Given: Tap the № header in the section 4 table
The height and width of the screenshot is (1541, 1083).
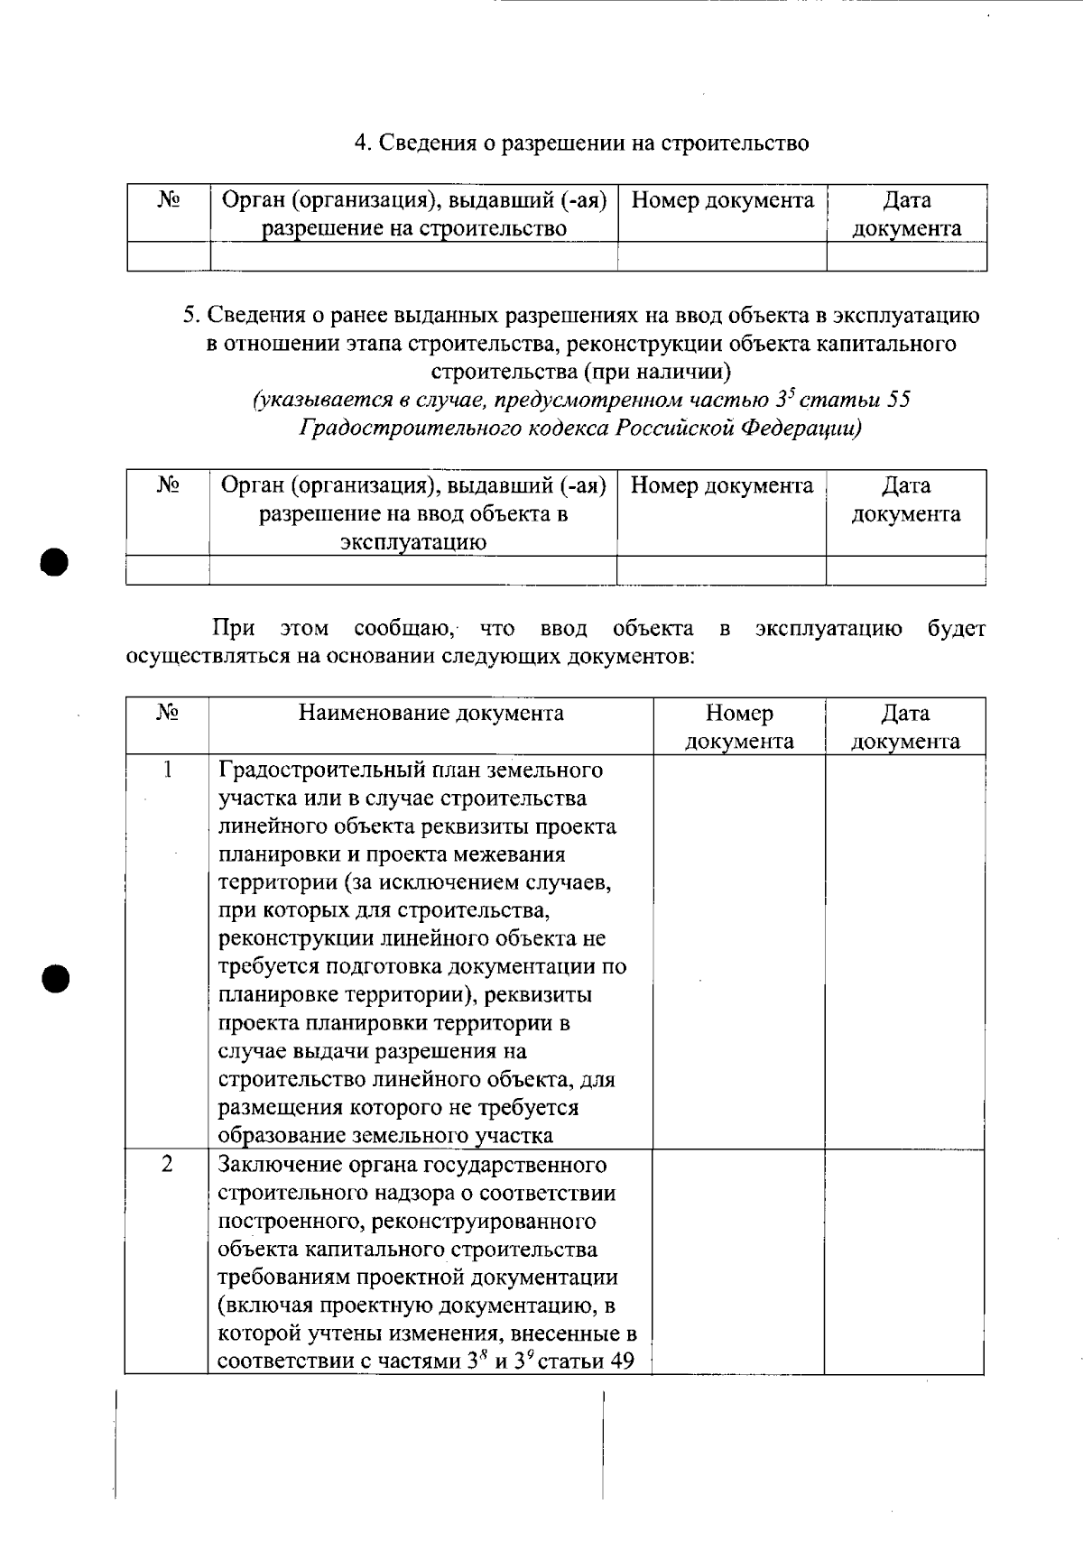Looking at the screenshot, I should (x=169, y=200).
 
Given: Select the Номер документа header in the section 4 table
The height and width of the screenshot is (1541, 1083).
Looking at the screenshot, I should (x=722, y=200).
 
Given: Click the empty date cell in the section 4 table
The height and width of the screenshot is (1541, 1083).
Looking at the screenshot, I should (x=906, y=257).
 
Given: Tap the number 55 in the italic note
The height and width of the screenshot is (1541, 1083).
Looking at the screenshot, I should (x=899, y=400).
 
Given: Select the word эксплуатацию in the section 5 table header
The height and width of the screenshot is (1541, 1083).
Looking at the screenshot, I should (x=412, y=542).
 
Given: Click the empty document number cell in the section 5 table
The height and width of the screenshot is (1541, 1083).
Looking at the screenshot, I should (x=721, y=570).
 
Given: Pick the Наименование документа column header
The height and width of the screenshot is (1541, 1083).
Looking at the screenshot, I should (x=430, y=714).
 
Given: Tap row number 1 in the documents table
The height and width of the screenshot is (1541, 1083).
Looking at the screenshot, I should (x=167, y=770).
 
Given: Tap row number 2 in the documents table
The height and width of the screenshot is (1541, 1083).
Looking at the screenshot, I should (x=167, y=1164).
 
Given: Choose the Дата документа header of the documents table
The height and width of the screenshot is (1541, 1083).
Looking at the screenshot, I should (x=905, y=727).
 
